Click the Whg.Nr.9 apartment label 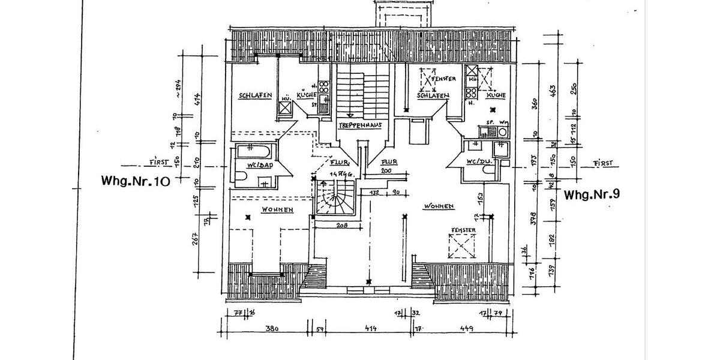click(591, 194)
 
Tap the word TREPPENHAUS click(360, 125)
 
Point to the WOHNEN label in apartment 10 click(277, 209)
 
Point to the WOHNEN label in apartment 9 click(439, 206)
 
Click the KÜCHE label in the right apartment click(496, 95)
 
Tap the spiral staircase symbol click(334, 200)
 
